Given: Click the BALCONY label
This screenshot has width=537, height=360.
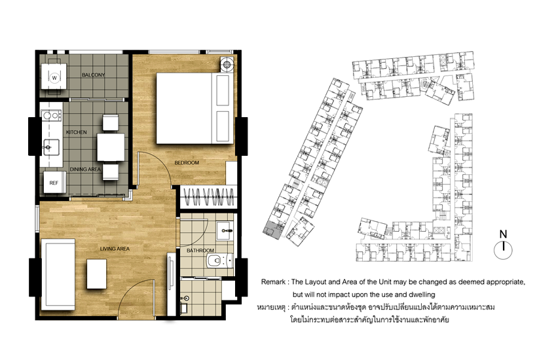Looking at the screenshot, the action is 93,75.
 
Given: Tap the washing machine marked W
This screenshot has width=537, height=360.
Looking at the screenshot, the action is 54,78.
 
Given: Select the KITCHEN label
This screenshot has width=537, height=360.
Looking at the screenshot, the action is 77,132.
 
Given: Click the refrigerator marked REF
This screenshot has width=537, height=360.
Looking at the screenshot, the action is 54,183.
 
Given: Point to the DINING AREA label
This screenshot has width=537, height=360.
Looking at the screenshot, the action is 85,169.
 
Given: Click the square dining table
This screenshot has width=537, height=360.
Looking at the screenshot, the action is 111,147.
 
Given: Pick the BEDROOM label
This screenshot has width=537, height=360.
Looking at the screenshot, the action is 187,162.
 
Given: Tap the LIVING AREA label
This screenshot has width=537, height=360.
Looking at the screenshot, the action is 115,249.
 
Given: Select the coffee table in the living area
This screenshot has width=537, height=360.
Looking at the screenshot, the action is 96,274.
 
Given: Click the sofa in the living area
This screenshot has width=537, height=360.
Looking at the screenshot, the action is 58,274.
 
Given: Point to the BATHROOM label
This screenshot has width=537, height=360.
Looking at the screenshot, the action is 200,251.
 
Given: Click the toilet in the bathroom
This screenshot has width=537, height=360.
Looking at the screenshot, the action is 219,261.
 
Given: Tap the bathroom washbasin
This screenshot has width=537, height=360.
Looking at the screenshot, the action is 225,230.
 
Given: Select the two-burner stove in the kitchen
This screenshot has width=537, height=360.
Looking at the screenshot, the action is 51,116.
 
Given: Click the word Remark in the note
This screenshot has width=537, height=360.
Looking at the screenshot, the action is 273,282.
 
